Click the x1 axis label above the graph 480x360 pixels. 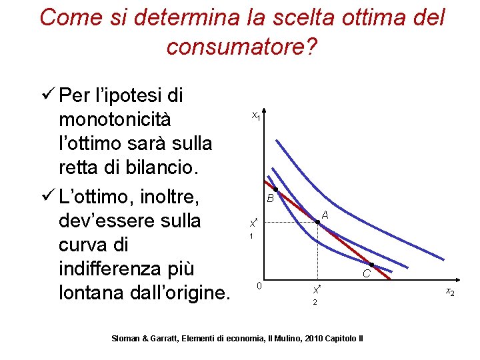256,116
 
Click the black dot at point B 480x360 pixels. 276,191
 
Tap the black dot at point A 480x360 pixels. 317,223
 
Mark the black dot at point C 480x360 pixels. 371,265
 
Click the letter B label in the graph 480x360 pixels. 270,199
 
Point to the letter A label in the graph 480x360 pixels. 325,215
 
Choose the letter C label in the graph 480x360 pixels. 367,273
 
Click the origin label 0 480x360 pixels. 259,286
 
